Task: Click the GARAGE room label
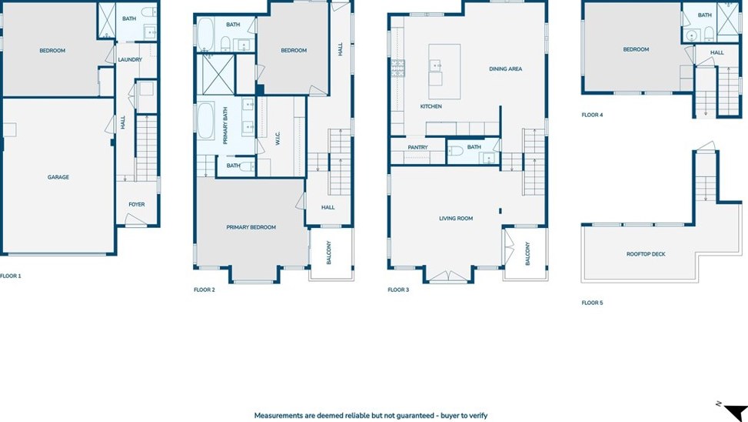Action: click(58, 177)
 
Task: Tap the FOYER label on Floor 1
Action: click(136, 204)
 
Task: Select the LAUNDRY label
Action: click(130, 60)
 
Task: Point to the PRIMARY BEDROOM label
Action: click(251, 227)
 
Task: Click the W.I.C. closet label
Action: click(278, 138)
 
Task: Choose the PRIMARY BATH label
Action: click(225, 126)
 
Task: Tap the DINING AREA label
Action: click(505, 69)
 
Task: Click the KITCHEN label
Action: click(431, 106)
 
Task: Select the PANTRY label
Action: click(418, 147)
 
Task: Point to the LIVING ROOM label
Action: click(456, 219)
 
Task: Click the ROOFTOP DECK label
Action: click(646, 254)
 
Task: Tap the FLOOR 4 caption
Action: click(592, 115)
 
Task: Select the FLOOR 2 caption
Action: click(204, 290)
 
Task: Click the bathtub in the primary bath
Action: click(205, 120)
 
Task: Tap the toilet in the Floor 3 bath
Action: click(456, 151)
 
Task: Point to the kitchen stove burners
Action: click(398, 69)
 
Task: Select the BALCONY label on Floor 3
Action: click(527, 253)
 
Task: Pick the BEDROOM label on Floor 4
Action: click(636, 49)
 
